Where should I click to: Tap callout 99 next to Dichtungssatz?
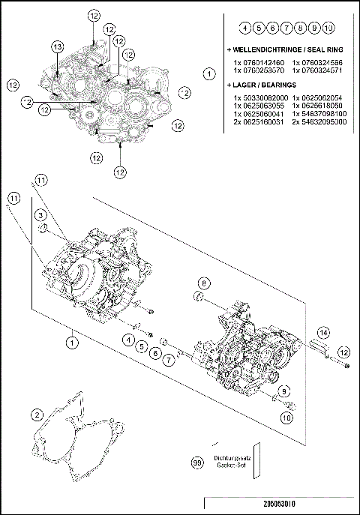tap(197, 464)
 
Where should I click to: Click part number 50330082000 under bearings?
tap(258, 98)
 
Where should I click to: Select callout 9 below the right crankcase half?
tap(285, 392)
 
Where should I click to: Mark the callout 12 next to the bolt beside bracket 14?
tap(343, 352)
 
